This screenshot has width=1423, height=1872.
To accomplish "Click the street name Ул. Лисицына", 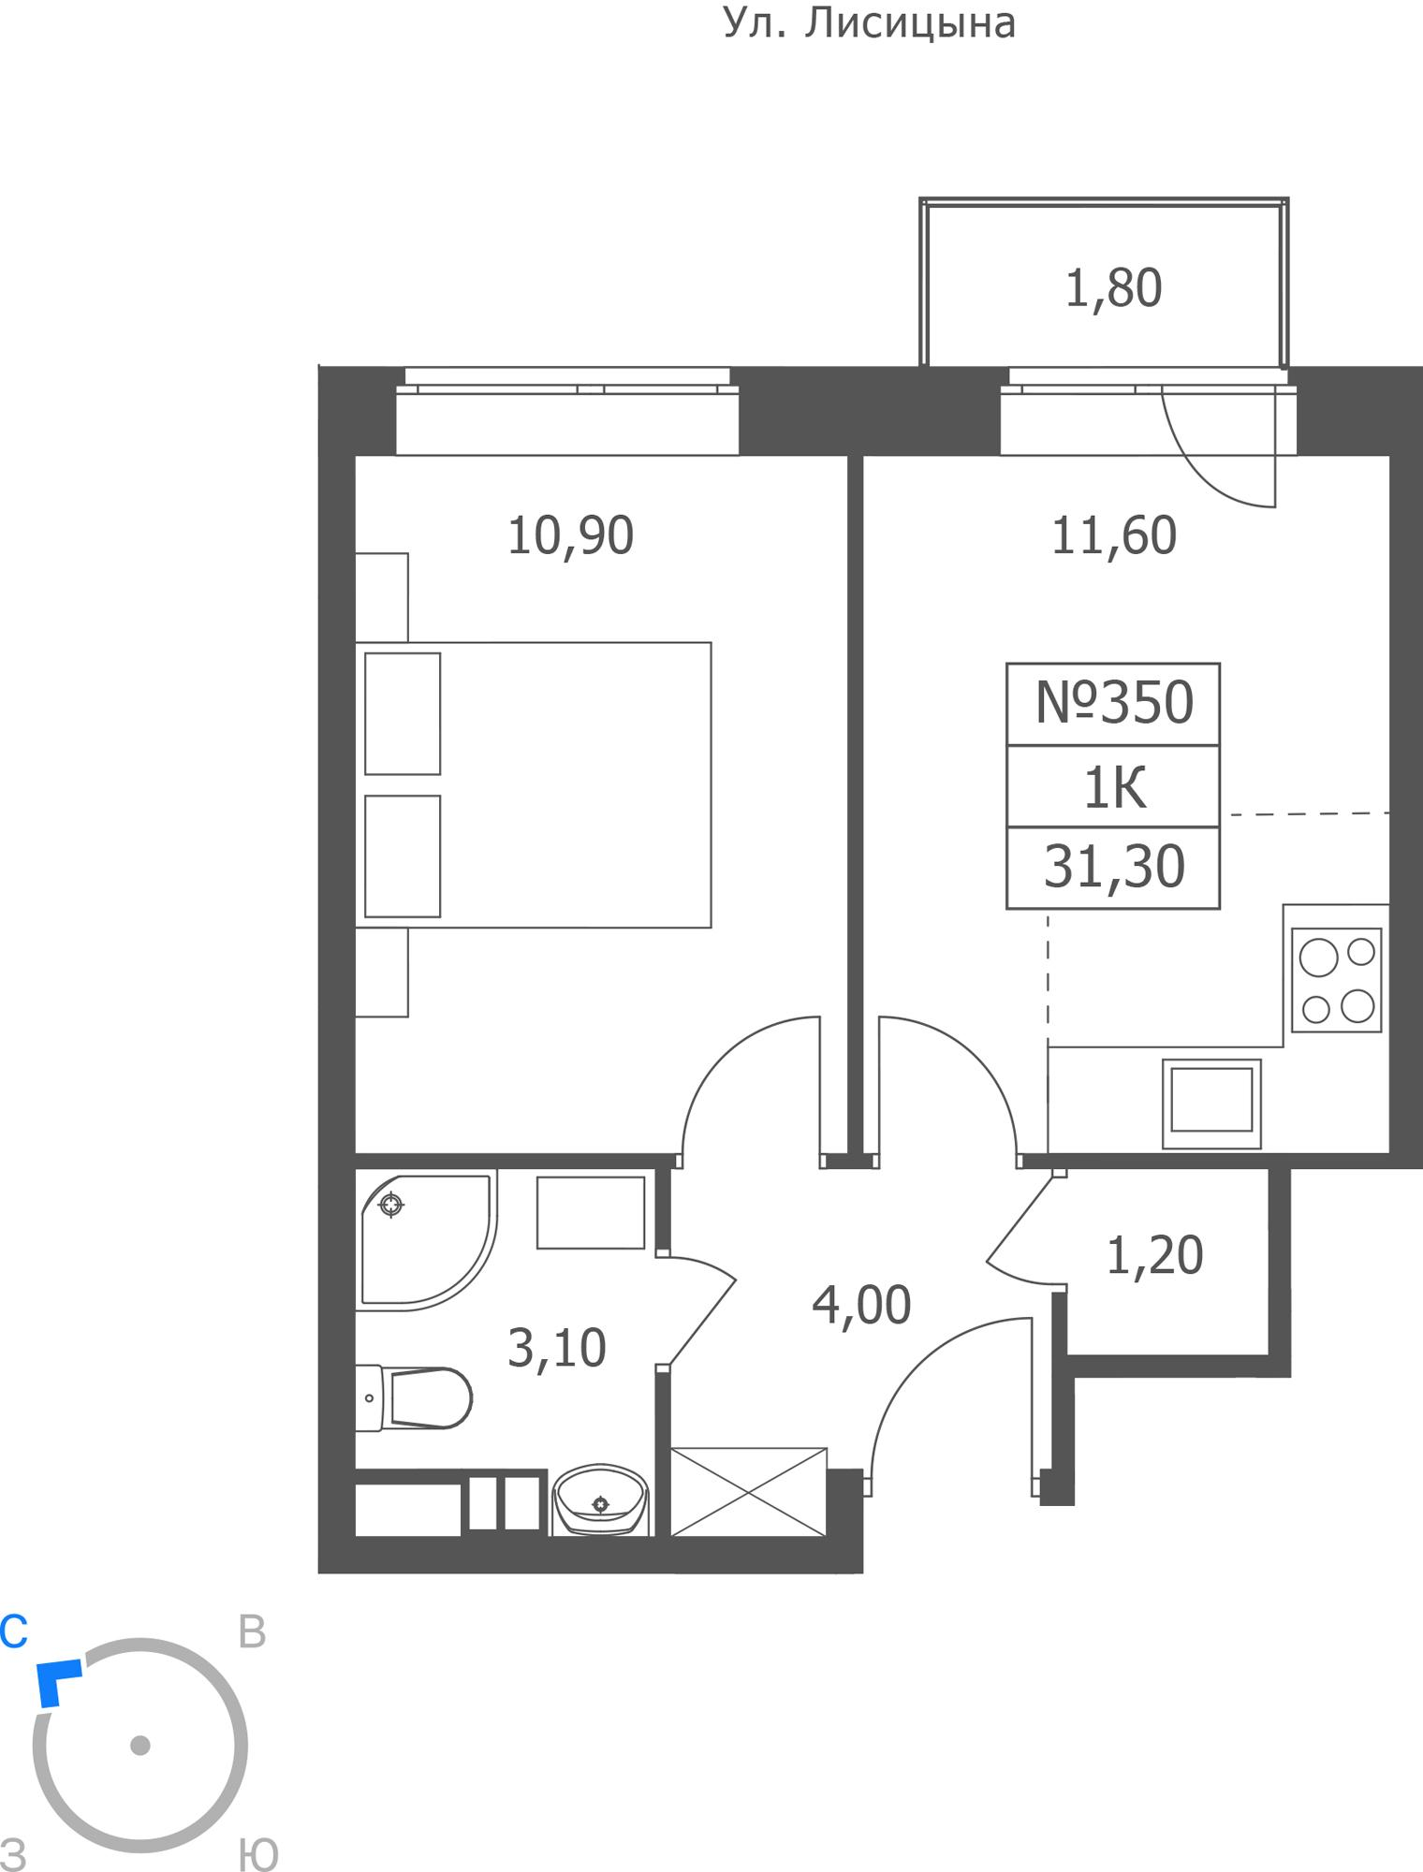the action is click(870, 23).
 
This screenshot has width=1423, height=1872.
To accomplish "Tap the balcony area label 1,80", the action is click(1114, 288).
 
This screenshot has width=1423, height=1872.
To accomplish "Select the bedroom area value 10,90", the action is click(570, 536).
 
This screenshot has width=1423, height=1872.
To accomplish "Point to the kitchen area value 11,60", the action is click(1114, 536).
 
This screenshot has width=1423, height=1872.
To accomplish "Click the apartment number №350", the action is click(1114, 703).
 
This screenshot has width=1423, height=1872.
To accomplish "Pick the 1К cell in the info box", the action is click(1114, 787).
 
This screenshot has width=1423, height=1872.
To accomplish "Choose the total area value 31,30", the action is click(1114, 868).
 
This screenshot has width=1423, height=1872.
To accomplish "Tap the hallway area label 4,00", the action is click(861, 1306).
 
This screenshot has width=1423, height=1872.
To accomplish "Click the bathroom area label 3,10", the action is click(557, 1349).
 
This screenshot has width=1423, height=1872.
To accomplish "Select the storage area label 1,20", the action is click(1154, 1256).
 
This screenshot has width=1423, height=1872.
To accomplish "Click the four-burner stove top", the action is click(1336, 980).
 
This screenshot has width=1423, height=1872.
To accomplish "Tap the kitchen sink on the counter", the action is click(1211, 1104).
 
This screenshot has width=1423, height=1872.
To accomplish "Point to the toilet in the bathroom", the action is click(414, 1398).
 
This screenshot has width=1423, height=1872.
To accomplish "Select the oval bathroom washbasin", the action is click(600, 1500).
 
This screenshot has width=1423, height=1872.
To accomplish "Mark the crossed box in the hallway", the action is click(749, 1492).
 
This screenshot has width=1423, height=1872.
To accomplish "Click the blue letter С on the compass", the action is click(14, 1631).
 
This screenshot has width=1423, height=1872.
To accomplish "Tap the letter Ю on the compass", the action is click(258, 1854).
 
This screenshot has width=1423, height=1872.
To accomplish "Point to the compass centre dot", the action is click(140, 1746).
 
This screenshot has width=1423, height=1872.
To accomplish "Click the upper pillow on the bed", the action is click(403, 714).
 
